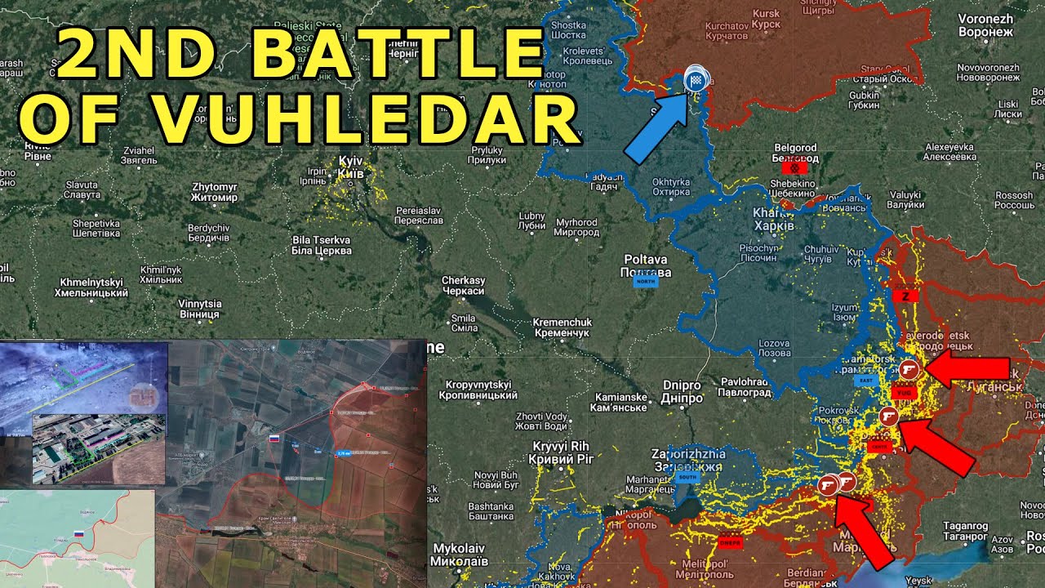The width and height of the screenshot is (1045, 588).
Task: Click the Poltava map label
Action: (x=646, y=266)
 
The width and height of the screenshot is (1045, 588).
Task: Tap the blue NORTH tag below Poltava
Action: (x=645, y=282)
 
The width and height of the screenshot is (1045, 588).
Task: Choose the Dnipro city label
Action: (x=682, y=391)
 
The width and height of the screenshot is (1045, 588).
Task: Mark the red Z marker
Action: (x=905, y=296)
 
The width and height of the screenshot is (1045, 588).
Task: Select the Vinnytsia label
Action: (x=199, y=309)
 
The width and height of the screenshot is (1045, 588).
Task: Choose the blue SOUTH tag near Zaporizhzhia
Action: (x=687, y=478)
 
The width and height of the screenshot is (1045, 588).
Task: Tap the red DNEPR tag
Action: (x=730, y=541)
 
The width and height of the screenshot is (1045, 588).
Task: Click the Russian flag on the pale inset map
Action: (x=80, y=533)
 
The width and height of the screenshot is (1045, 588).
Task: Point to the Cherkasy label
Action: (x=463, y=286)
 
